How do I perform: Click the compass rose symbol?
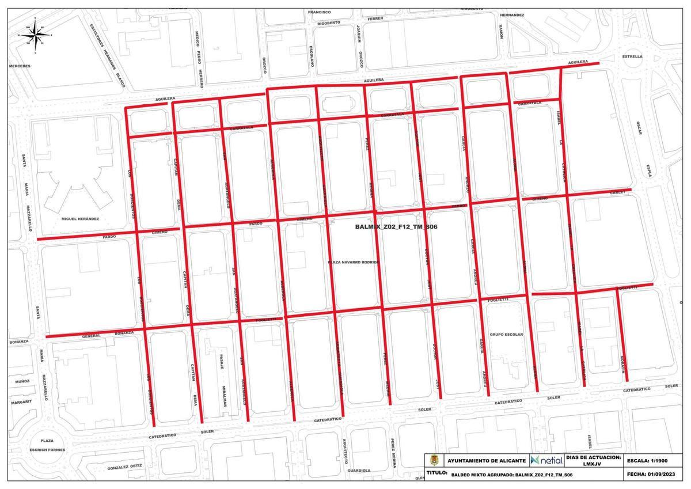36,35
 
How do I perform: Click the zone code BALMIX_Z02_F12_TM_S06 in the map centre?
397,228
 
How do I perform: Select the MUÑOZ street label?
22,381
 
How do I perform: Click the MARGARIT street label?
21,401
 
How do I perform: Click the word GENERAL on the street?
92,335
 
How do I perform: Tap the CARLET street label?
618,192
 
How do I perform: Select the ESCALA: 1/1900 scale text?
655,460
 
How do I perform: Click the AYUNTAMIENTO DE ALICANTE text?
486,461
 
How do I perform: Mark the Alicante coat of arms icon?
434,461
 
